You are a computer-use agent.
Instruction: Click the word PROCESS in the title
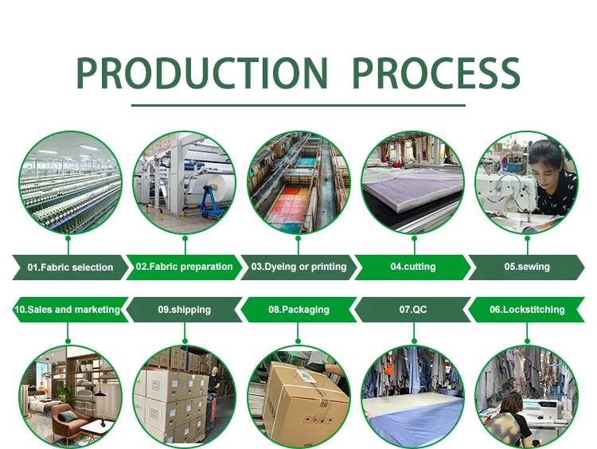tap(436, 73)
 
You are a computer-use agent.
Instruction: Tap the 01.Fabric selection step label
tap(70, 267)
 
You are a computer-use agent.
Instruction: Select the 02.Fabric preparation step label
tap(185, 267)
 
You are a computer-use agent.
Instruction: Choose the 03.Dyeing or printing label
tap(298, 267)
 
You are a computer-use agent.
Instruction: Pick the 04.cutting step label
tap(412, 267)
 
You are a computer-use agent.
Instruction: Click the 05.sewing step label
tap(526, 267)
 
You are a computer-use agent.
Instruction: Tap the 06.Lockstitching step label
tap(526, 309)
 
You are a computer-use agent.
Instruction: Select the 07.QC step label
tap(412, 309)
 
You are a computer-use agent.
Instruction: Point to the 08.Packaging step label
tap(298, 309)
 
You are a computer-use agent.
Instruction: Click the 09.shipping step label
tap(185, 309)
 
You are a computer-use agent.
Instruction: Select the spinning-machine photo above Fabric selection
tap(70, 182)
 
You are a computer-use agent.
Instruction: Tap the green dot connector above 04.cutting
tap(412, 238)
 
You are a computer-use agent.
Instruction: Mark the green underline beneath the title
tap(298, 105)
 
